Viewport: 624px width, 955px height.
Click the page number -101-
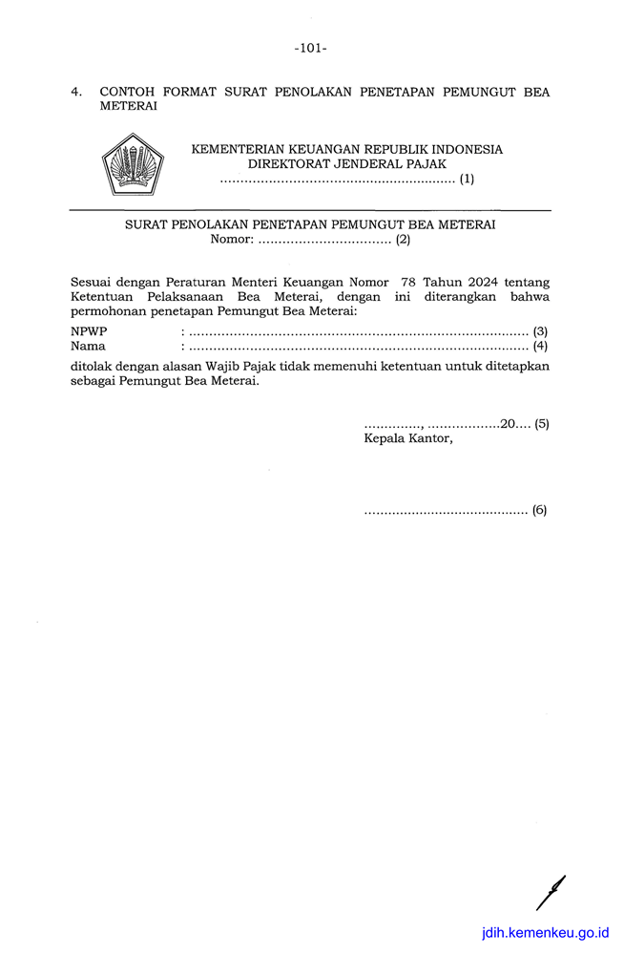click(x=311, y=47)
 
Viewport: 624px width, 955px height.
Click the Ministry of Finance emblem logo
click(x=134, y=165)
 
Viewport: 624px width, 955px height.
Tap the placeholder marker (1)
click(x=467, y=179)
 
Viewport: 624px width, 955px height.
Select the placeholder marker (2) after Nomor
click(x=403, y=240)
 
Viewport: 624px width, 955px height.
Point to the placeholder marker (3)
click(x=541, y=330)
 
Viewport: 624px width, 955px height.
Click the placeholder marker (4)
click(x=541, y=346)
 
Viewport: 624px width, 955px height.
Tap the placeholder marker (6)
click(x=540, y=510)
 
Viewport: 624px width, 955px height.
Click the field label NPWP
click(x=89, y=330)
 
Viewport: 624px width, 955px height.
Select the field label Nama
click(x=88, y=346)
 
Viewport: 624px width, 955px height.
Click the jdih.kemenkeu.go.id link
click(x=546, y=932)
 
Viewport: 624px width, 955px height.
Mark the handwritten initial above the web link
click(x=551, y=893)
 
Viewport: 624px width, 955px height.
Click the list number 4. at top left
click(x=76, y=93)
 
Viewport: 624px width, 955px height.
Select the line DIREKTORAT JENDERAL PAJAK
click(x=347, y=164)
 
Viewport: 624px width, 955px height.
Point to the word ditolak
click(x=93, y=365)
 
